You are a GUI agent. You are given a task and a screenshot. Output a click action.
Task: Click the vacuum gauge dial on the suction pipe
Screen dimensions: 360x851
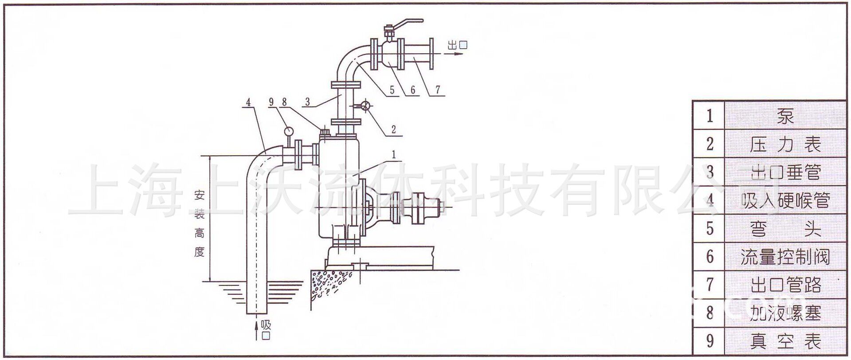pos(288,131)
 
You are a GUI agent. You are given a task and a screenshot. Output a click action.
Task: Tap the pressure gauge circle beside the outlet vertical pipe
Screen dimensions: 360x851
pos(366,106)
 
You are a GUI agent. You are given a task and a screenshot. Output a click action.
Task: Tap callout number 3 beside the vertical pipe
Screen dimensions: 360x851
pos(307,102)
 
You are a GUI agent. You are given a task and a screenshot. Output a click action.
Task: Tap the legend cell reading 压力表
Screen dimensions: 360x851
pos(785,144)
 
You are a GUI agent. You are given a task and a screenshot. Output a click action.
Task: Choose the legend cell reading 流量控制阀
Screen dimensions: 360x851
pos(785,257)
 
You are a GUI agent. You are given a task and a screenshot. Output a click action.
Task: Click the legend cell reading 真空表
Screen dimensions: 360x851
pos(785,341)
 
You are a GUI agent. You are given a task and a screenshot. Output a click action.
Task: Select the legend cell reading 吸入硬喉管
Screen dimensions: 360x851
pos(785,200)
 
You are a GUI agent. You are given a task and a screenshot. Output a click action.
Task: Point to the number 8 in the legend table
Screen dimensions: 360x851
pos(710,313)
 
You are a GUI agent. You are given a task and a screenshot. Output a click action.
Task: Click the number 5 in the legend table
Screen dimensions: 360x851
pos(710,229)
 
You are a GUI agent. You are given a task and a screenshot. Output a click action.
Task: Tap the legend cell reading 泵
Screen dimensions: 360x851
pos(785,116)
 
